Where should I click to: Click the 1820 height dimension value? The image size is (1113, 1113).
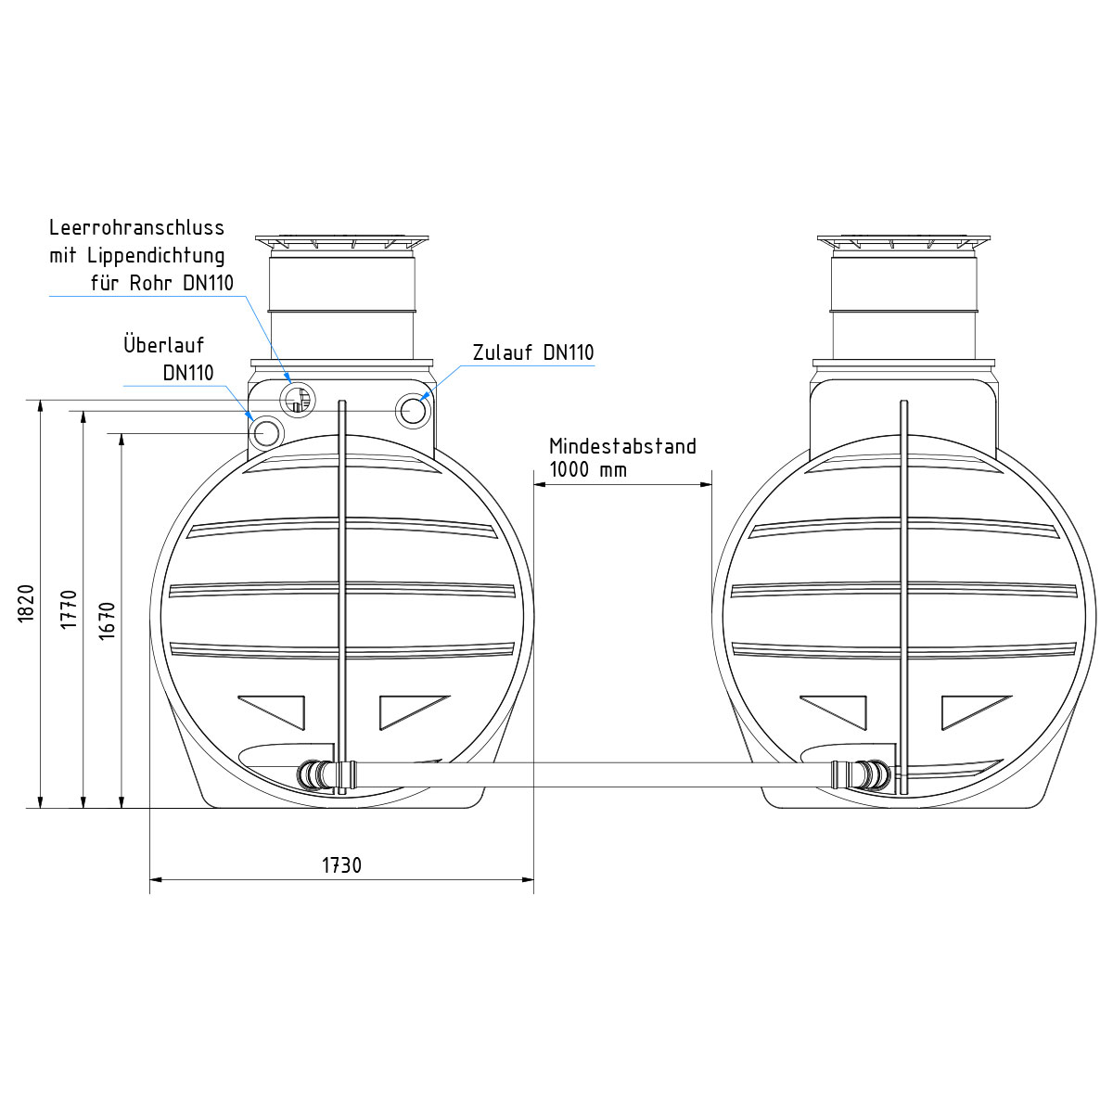(x=26, y=603)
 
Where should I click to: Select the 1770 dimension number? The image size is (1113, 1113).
(x=69, y=609)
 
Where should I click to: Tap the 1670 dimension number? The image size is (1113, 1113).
(x=107, y=620)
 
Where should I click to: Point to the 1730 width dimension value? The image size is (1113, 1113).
(x=341, y=865)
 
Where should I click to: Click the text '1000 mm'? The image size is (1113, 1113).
(x=588, y=469)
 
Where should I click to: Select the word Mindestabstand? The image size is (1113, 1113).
(x=622, y=446)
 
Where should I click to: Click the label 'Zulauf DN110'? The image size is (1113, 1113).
(x=533, y=352)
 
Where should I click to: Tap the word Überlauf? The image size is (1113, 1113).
(x=164, y=344)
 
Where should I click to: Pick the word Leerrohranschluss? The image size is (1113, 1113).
(x=137, y=227)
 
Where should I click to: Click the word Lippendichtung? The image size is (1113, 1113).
(x=156, y=255)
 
